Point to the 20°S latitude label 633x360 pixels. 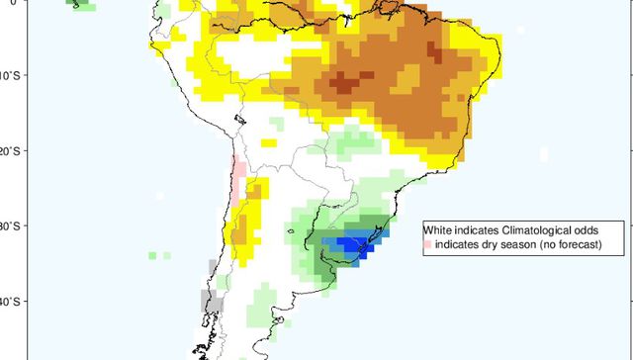(9, 151)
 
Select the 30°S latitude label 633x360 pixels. (9, 226)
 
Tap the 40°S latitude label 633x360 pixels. (9, 302)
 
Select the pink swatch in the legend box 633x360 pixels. (428, 244)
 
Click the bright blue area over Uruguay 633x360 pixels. (352, 243)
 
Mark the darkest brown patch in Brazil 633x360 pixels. (343, 83)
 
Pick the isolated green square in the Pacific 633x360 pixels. (153, 255)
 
